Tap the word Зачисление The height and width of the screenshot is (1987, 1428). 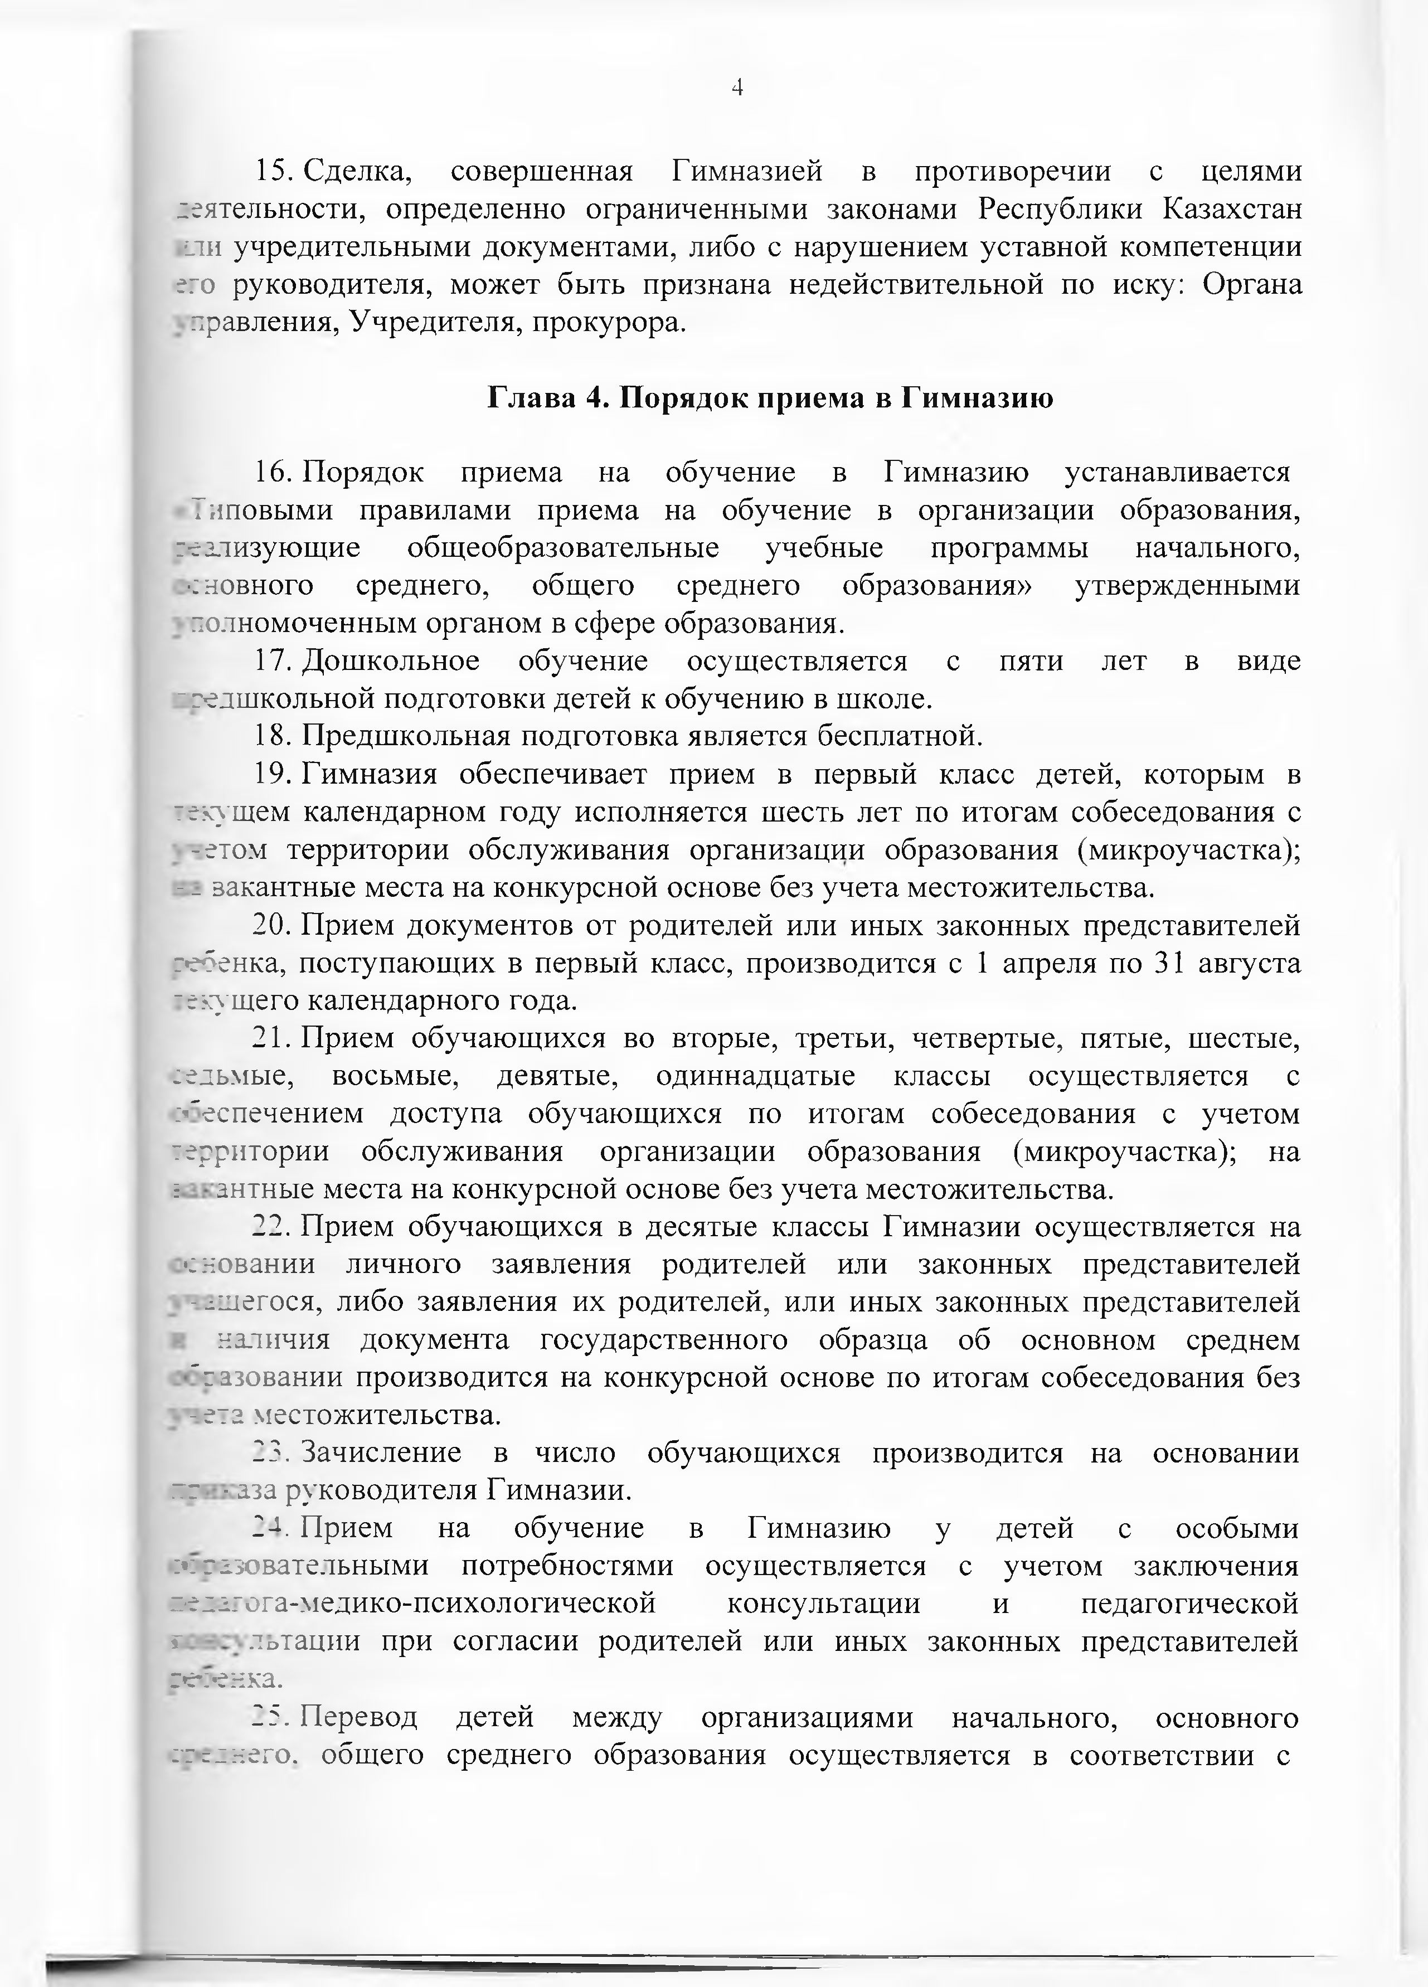(381, 1454)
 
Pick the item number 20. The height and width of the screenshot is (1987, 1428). (271, 925)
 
